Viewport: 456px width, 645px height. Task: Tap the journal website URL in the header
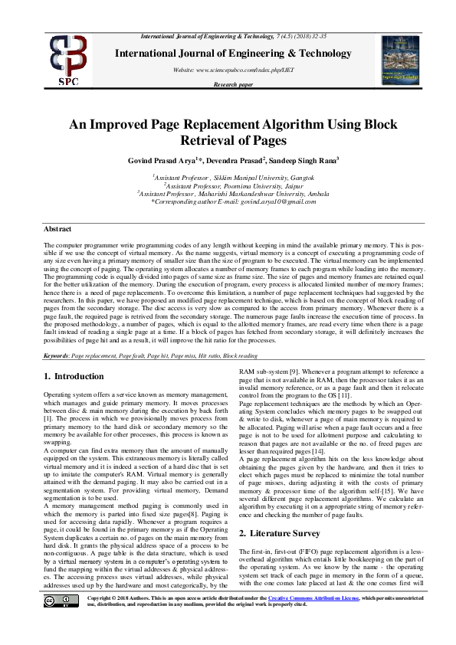(233, 70)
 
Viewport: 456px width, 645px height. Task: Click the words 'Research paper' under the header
(233, 85)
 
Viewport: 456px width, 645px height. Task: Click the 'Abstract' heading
(57, 229)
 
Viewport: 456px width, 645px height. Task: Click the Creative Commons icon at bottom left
(61, 622)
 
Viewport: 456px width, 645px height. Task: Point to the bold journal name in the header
(233, 54)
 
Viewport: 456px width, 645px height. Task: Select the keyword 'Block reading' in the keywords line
(241, 356)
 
